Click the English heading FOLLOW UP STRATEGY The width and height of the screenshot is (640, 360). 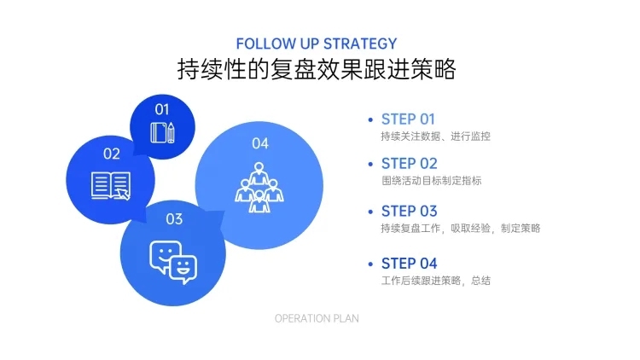point(317,44)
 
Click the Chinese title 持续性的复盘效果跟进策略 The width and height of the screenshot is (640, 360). point(317,69)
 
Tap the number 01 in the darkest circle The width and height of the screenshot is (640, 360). point(162,109)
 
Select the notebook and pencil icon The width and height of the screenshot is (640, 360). point(162,132)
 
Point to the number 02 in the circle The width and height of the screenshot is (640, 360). point(112,154)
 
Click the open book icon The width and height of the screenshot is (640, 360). point(111,186)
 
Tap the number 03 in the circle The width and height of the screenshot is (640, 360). point(174,219)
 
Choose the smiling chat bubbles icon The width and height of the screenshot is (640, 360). point(173,262)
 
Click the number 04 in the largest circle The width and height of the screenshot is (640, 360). point(260,143)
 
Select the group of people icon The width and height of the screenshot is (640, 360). point(259,188)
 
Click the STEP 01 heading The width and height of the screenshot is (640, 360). point(408,119)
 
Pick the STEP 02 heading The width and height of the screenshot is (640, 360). point(409,164)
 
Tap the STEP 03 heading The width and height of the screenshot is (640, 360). point(409,211)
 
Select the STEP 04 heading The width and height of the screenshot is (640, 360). point(409,264)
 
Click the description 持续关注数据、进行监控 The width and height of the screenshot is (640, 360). point(435,136)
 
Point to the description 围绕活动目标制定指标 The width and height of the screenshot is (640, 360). point(432,180)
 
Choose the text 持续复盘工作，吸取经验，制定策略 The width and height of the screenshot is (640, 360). point(461,228)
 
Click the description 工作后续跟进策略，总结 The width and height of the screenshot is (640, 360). point(435,281)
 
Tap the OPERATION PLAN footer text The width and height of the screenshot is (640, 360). point(317,318)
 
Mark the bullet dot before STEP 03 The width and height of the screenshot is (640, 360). point(370,212)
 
